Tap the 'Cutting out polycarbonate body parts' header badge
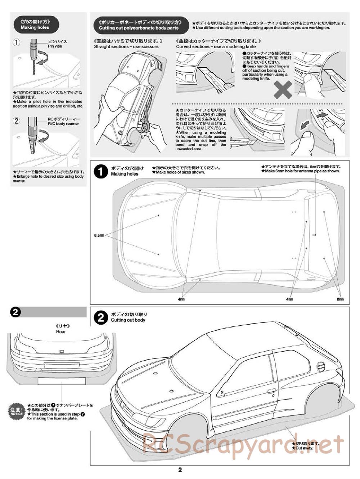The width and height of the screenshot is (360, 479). coord(139,24)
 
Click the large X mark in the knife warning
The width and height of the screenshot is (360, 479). coord(283,90)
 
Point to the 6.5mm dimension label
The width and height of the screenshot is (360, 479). coord(99,236)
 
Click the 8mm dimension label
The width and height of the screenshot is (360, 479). coord(340,299)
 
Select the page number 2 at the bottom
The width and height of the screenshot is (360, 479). coord(180,470)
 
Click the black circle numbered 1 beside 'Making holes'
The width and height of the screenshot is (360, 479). coord(100,171)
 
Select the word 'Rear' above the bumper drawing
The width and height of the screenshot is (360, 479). coord(61,331)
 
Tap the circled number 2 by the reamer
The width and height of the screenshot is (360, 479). coord(17,121)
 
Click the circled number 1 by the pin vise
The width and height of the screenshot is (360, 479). coord(17,42)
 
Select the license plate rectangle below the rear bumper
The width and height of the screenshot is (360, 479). coord(62,381)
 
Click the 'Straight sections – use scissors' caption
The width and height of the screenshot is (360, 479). coord(126,46)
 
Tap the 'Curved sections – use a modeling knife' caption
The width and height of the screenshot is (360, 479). coord(216,46)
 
